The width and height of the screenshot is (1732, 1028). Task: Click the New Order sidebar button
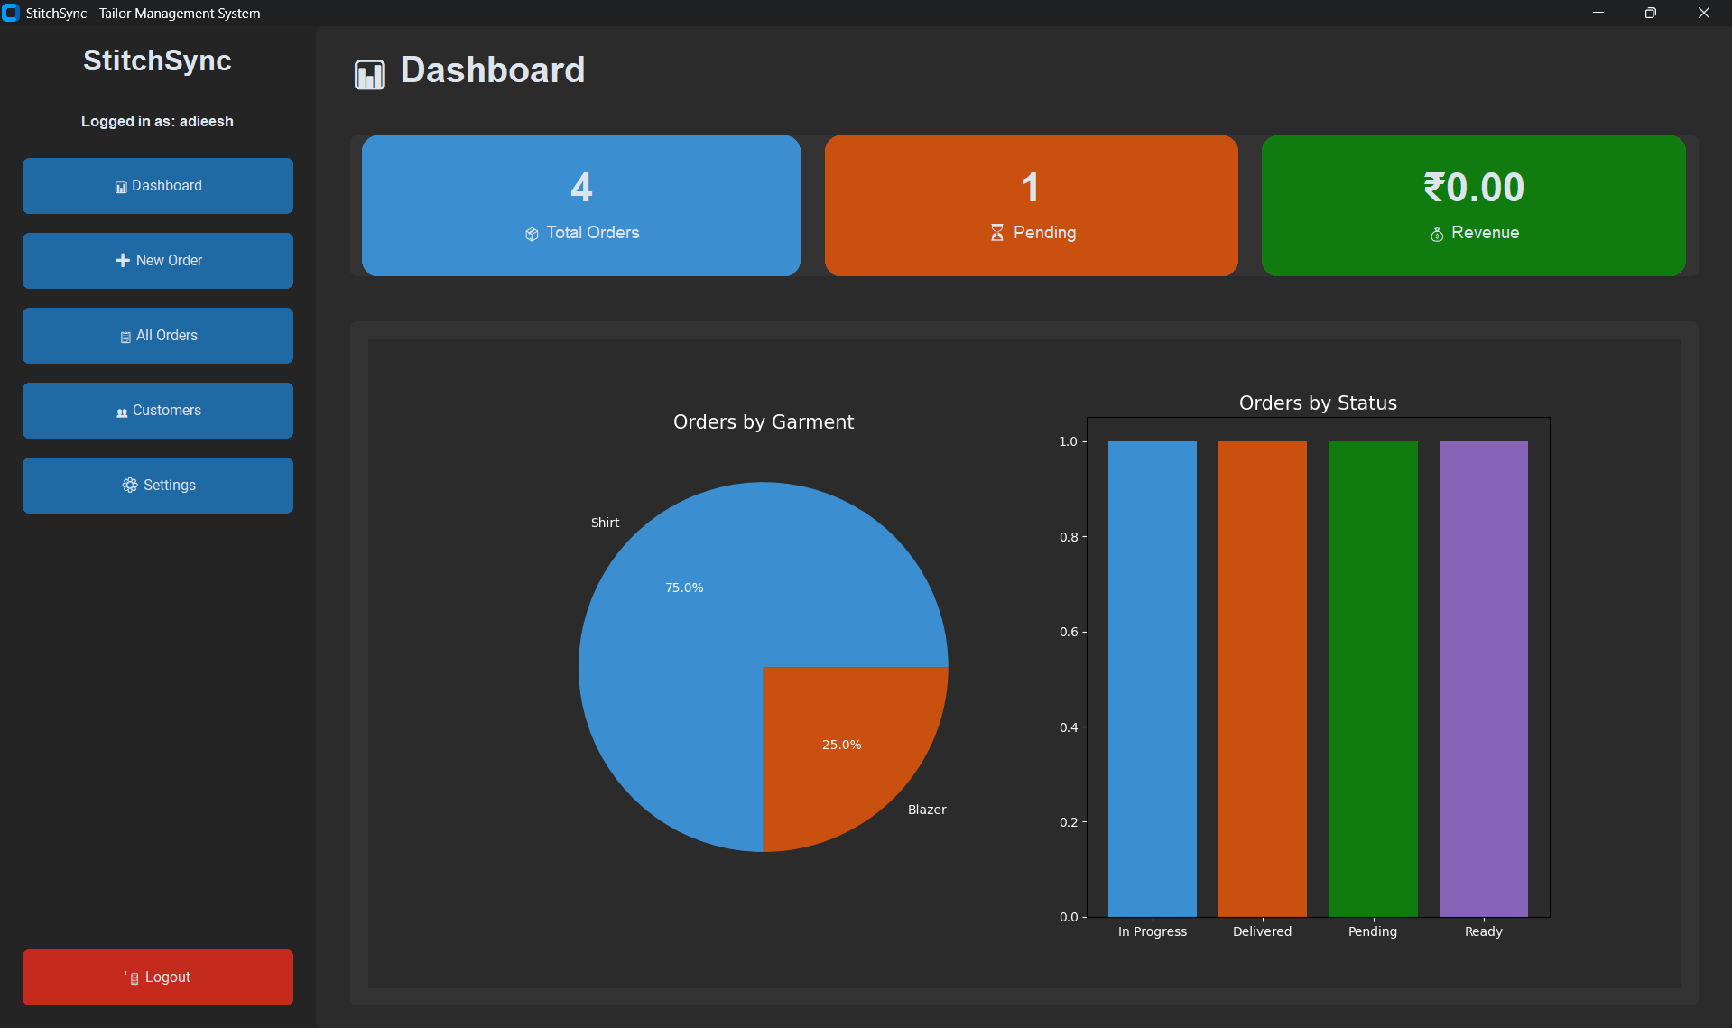(158, 261)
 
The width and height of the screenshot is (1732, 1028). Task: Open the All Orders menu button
(158, 336)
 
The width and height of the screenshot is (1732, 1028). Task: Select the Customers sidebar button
(158, 411)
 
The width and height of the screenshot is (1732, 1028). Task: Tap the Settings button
(158, 486)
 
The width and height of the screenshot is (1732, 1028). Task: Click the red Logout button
(158, 977)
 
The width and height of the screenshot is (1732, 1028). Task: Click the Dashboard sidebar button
(158, 186)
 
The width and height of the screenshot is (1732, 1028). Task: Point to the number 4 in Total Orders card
(581, 188)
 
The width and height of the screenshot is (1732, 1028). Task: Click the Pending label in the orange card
(1043, 233)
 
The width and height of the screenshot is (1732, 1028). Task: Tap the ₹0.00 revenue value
(1474, 188)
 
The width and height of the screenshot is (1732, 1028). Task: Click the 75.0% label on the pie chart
(684, 588)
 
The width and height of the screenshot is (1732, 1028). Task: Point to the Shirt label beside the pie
(605, 523)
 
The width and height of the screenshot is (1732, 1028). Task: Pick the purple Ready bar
(1483, 677)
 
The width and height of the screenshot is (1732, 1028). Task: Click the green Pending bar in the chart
(1373, 677)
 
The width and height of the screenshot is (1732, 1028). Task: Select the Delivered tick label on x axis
(1262, 931)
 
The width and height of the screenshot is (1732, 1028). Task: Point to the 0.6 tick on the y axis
(1069, 632)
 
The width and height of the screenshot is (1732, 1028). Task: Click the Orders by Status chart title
(1317, 403)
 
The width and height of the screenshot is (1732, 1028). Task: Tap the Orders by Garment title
(763, 422)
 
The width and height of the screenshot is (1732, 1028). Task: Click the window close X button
(1703, 13)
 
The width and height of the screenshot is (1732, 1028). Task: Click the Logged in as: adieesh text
(157, 121)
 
